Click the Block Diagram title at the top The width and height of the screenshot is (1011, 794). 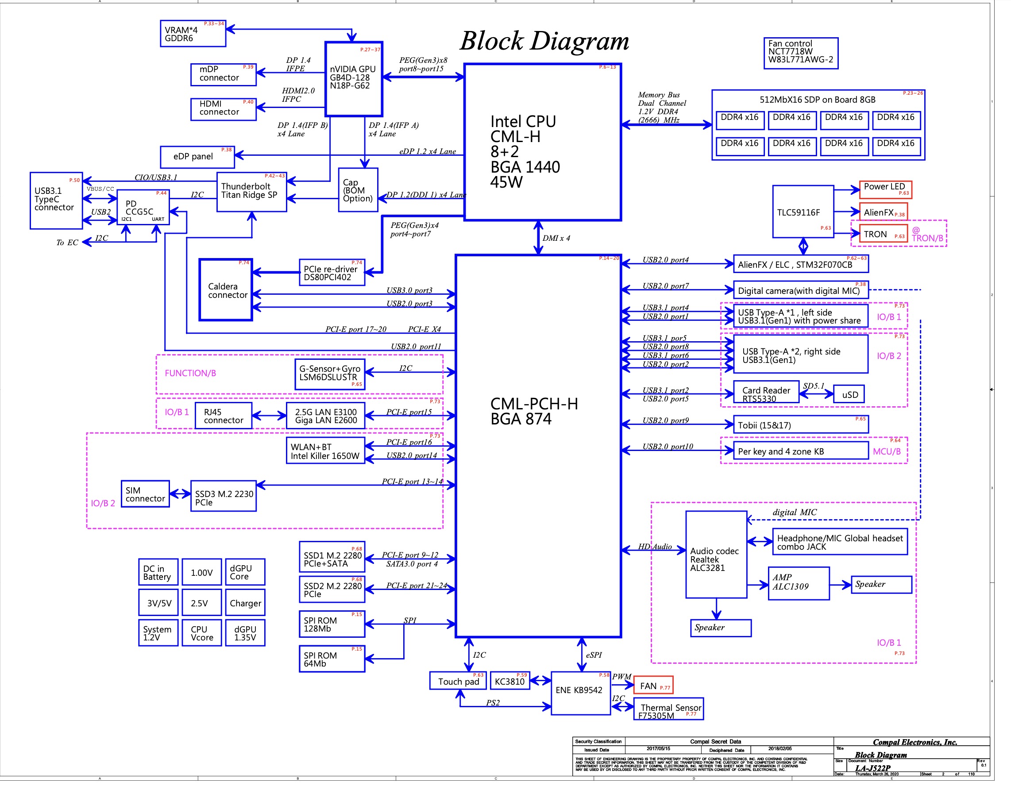pos(544,41)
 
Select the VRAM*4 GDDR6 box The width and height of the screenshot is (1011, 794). pos(193,34)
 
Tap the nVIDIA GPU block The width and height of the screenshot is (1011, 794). pos(354,79)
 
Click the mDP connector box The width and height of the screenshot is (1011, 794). pos(223,74)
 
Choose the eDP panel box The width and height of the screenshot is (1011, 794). pos(197,157)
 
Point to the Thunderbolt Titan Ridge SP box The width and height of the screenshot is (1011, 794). pos(251,192)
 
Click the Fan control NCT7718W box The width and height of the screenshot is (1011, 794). pos(800,53)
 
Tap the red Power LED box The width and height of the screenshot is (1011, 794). pos(884,189)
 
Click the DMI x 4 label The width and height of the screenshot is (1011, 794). pos(556,238)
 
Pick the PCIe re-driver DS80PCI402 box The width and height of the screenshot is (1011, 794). pos(332,273)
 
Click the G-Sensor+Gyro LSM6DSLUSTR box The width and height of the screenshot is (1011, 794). pos(330,374)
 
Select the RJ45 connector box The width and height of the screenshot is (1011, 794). pos(223,416)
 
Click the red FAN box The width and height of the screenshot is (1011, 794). pos(652,685)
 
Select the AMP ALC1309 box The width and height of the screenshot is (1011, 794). pos(798,583)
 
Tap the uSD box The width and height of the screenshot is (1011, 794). pos(849,394)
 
